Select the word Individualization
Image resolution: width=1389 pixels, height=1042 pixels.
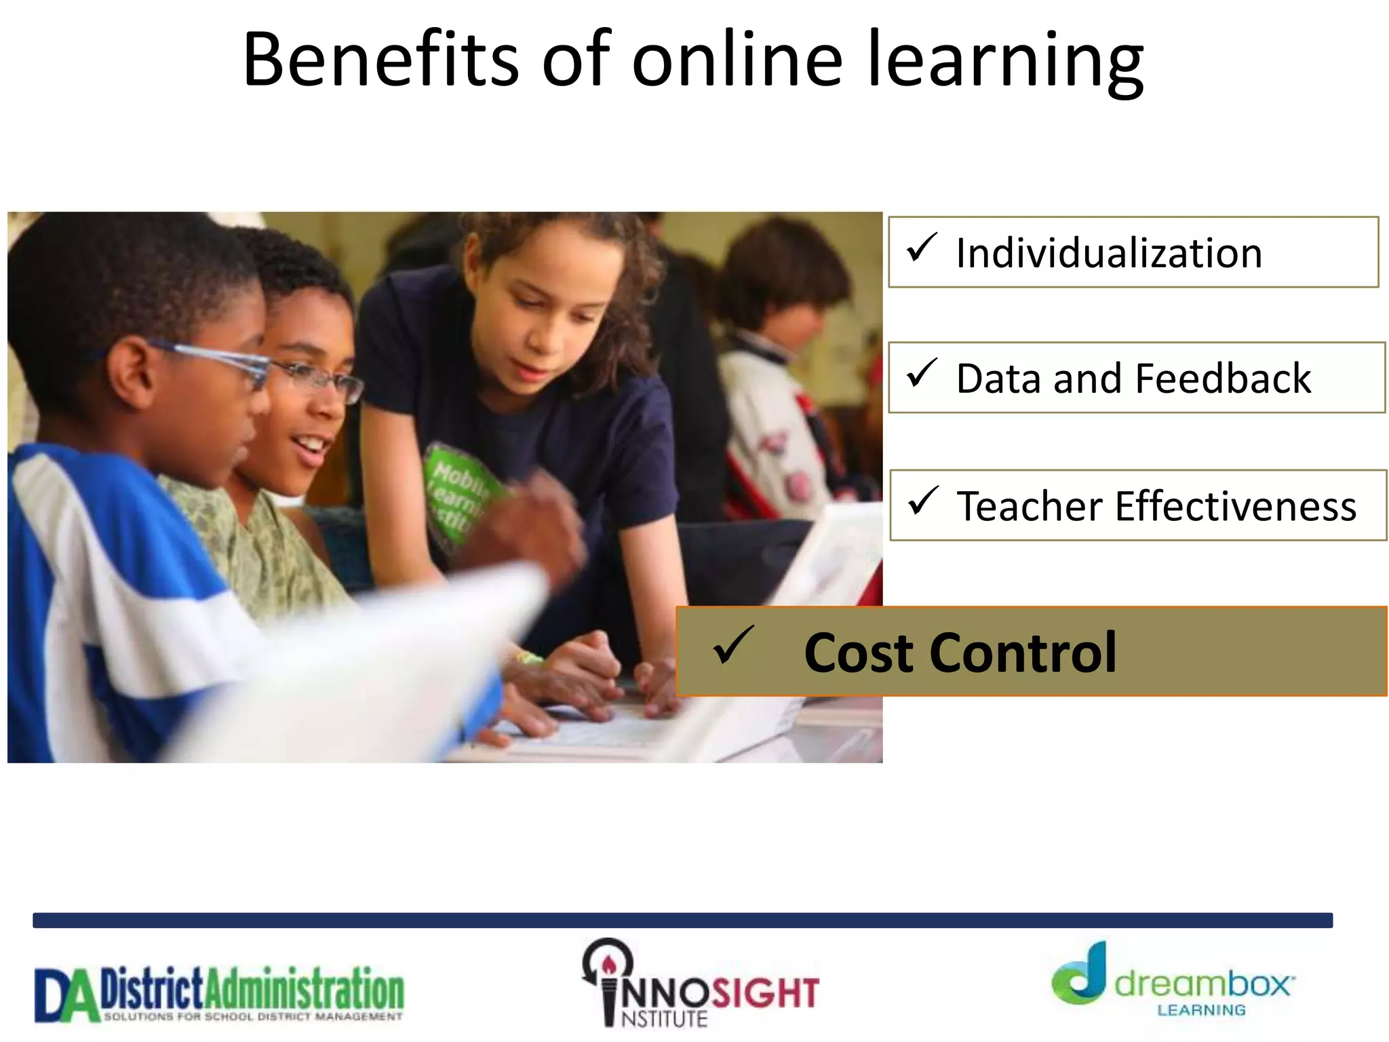coord(1109,253)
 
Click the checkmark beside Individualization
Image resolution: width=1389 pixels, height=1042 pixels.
coord(922,248)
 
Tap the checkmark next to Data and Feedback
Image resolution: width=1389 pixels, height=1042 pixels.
coord(922,373)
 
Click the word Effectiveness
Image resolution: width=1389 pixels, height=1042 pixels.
coord(1235,506)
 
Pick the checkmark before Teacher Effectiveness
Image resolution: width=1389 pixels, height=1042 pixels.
coord(923,501)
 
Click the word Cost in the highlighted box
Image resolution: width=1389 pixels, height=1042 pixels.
coord(859,653)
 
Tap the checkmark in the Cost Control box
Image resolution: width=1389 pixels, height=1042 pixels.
coord(732,645)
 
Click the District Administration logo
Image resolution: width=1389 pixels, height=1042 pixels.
coord(219,994)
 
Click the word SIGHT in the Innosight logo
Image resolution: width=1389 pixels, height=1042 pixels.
coord(764,993)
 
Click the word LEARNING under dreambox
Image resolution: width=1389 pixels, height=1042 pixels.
coord(1201,1011)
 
